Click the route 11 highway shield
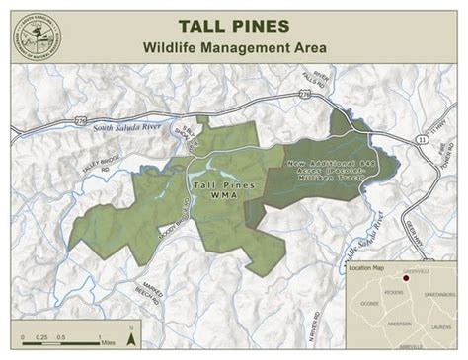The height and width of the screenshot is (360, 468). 424,141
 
